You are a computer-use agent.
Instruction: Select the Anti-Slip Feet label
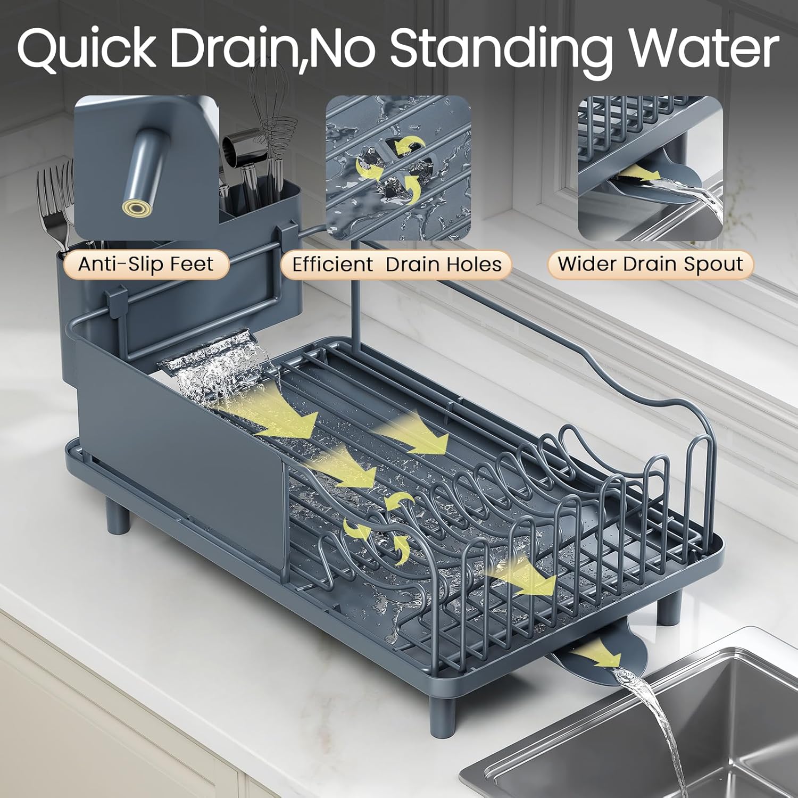pos(146,264)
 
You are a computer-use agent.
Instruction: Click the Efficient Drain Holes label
pos(396,264)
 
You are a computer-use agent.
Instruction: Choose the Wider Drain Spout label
pos(650,264)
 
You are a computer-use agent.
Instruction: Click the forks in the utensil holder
pos(53,207)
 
